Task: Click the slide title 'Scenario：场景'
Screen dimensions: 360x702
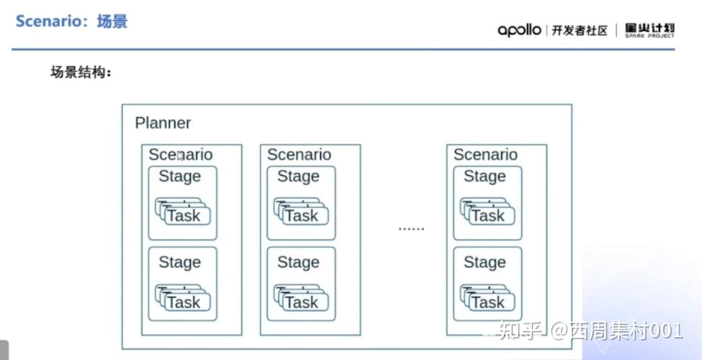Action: click(71, 21)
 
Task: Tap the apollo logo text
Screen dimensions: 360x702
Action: click(519, 30)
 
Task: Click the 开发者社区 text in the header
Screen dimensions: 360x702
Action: click(580, 30)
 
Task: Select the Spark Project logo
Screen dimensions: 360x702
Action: click(649, 30)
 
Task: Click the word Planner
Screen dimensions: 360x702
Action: click(163, 123)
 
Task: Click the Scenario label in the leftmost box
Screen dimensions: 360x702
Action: click(180, 155)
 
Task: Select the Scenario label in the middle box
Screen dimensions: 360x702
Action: click(299, 155)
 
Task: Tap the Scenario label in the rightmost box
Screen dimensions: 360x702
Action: click(485, 155)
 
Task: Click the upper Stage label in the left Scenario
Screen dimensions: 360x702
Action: click(180, 176)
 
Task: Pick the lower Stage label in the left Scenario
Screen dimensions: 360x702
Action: click(180, 262)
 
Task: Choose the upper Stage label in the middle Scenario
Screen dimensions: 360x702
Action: click(298, 176)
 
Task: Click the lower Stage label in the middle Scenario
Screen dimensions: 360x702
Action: click(298, 262)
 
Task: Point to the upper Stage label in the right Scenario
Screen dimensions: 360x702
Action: click(485, 176)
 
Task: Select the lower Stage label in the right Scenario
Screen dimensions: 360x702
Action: click(485, 262)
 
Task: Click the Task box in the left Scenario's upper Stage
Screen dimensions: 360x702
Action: click(184, 215)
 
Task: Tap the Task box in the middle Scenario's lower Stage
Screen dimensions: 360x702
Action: click(302, 302)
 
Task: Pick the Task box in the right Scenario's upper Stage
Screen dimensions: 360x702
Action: click(488, 215)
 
